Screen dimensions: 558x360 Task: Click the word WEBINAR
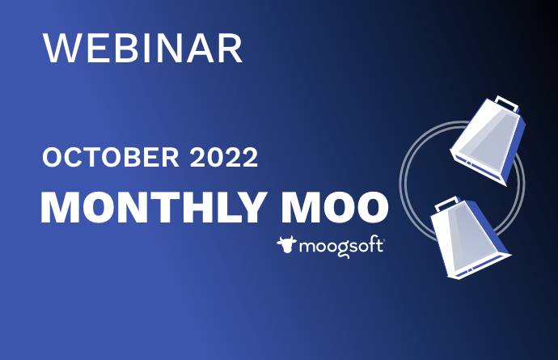pyautogui.click(x=142, y=49)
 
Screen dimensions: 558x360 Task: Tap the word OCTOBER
pyautogui.click(x=111, y=157)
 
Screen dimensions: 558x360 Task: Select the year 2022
pyautogui.click(x=224, y=157)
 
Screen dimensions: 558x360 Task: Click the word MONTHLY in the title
pyautogui.click(x=154, y=207)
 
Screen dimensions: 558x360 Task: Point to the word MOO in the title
pyautogui.click(x=335, y=207)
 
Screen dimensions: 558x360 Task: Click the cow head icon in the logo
pyautogui.click(x=286, y=244)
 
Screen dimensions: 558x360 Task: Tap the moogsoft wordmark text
pyautogui.click(x=341, y=247)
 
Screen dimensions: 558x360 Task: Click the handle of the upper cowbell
pyautogui.click(x=507, y=103)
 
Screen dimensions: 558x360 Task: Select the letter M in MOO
pyautogui.click(x=298, y=208)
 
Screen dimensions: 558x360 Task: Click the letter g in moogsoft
pyautogui.click(x=342, y=249)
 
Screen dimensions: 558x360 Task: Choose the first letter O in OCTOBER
pyautogui.click(x=53, y=158)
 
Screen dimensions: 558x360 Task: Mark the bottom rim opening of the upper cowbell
pyautogui.click(x=477, y=167)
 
